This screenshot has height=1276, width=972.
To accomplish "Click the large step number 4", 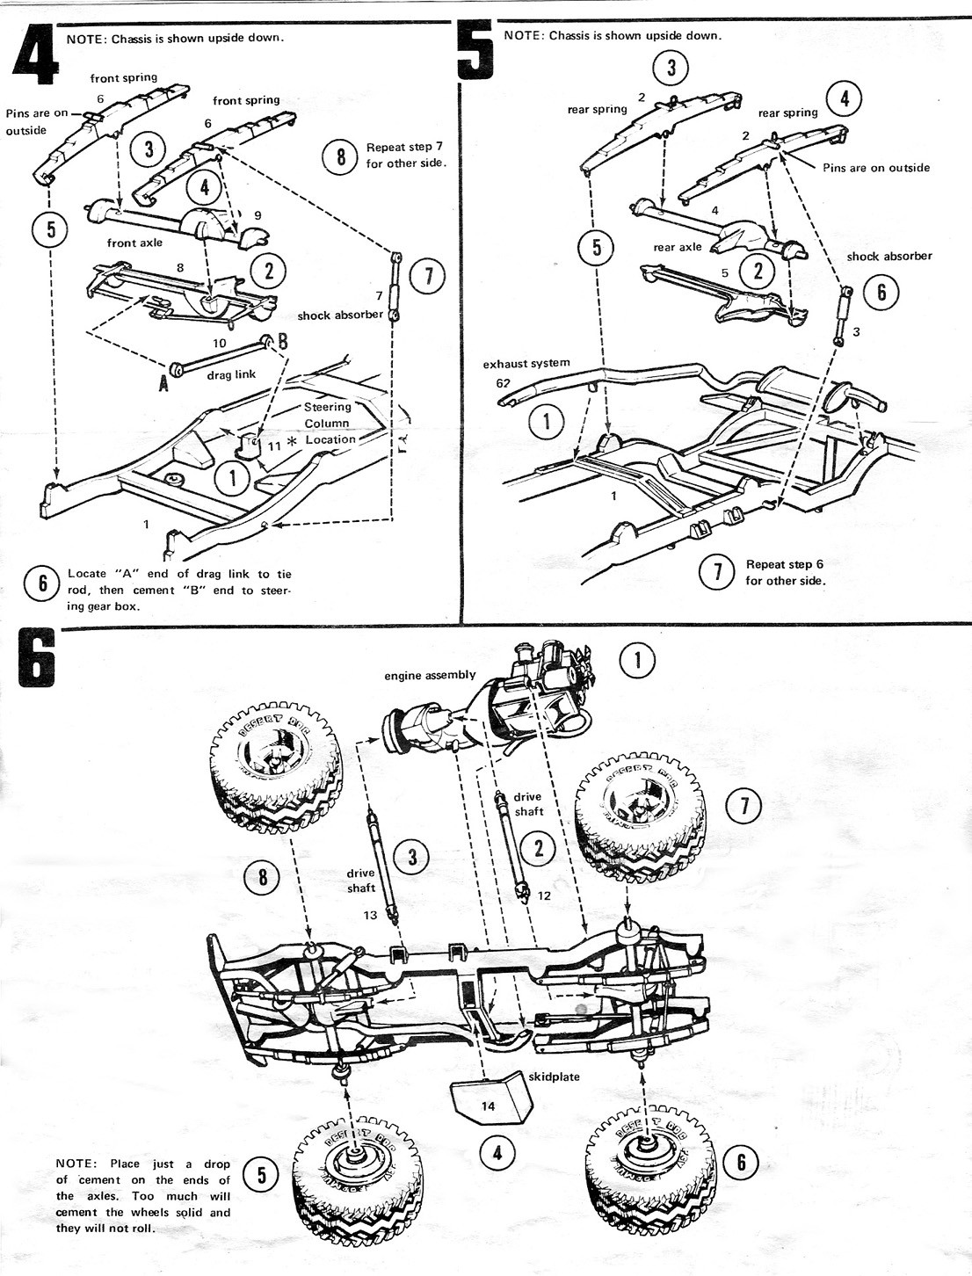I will (36, 56).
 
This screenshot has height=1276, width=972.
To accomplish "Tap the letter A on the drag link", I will (163, 382).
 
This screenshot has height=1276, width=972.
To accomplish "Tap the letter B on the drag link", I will (283, 342).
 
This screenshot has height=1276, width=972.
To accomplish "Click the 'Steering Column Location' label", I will (329, 423).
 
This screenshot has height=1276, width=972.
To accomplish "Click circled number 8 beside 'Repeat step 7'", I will (341, 157).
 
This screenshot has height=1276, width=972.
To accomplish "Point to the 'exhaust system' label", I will (526, 364).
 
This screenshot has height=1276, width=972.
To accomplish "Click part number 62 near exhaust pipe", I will (502, 382).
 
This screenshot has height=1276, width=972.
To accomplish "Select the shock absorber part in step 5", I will (844, 315).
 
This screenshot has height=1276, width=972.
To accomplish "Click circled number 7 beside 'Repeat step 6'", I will (717, 572).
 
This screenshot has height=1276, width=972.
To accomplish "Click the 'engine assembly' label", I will (430, 675).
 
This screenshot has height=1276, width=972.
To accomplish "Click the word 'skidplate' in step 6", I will (555, 1077).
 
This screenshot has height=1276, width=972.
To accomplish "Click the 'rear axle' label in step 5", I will (677, 247).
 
